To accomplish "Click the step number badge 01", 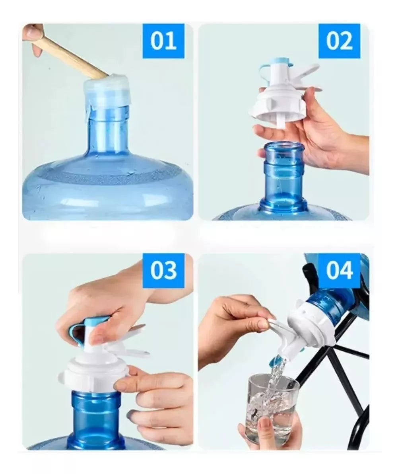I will pos(163,41).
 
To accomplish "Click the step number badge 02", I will pos(339,41).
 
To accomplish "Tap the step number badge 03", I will pos(163,271).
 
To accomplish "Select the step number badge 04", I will pos(339,271).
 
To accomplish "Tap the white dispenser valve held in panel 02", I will pos(278,99).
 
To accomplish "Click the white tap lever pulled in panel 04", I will pos(278,328).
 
